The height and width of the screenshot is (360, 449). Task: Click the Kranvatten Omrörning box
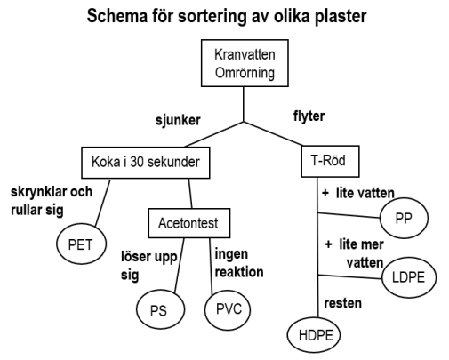(x=245, y=63)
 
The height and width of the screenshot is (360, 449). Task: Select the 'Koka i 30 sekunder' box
(x=146, y=163)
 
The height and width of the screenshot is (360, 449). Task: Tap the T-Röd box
(x=330, y=161)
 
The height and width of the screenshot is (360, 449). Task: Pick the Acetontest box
(x=189, y=223)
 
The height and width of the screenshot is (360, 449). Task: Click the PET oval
(x=81, y=244)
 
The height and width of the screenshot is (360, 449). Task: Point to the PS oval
(x=160, y=309)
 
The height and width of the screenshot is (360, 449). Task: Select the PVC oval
(x=228, y=309)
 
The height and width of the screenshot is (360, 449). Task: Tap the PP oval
(x=404, y=219)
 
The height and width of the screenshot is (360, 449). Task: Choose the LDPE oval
(x=409, y=277)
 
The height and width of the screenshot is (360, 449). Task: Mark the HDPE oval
(x=314, y=335)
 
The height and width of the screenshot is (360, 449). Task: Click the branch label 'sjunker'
(x=178, y=121)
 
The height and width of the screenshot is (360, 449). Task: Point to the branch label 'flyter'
(x=309, y=116)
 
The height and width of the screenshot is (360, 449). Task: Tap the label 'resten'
(x=343, y=303)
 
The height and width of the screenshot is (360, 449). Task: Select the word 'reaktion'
(x=239, y=272)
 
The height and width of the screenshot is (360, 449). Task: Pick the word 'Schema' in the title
(x=117, y=16)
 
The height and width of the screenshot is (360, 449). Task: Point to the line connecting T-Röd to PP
(x=349, y=215)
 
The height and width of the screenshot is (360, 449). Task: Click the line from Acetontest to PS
(x=179, y=266)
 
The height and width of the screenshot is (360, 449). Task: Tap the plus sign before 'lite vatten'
(x=325, y=193)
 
